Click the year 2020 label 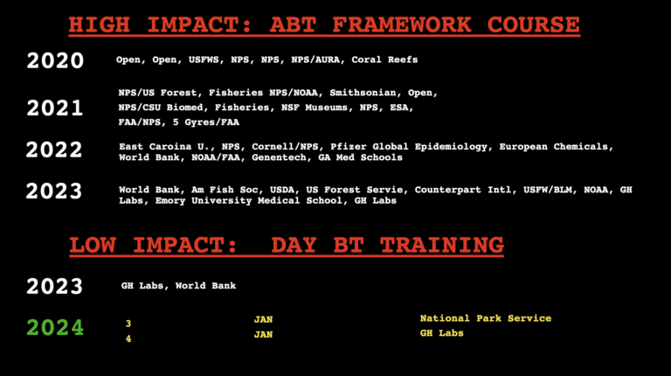(55, 60)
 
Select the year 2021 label (55, 108)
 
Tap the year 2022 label (55, 150)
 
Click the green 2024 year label (55, 328)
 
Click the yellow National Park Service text (486, 318)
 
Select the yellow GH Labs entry (442, 333)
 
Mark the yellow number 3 (128, 324)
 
